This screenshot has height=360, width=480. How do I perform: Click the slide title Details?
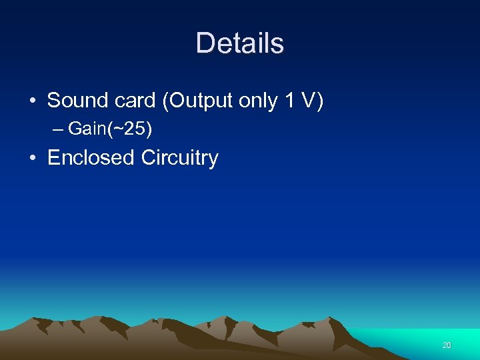pyautogui.click(x=240, y=43)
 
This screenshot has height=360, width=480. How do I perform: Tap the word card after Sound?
pyautogui.click(x=133, y=101)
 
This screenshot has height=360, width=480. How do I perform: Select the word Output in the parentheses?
pyautogui.click(x=195, y=101)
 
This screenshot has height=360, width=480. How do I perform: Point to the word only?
pyautogui.click(x=257, y=101)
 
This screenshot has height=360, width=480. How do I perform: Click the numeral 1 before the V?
pyautogui.click(x=289, y=101)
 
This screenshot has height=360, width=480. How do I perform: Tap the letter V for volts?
pyautogui.click(x=308, y=101)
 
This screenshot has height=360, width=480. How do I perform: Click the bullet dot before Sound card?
pyautogui.click(x=33, y=101)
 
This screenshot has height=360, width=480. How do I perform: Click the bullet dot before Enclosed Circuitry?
pyautogui.click(x=33, y=159)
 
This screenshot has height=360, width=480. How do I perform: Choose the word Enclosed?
pyautogui.click(x=91, y=158)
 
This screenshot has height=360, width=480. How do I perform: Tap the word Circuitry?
pyautogui.click(x=180, y=159)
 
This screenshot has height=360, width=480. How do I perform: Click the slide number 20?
pyautogui.click(x=446, y=345)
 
